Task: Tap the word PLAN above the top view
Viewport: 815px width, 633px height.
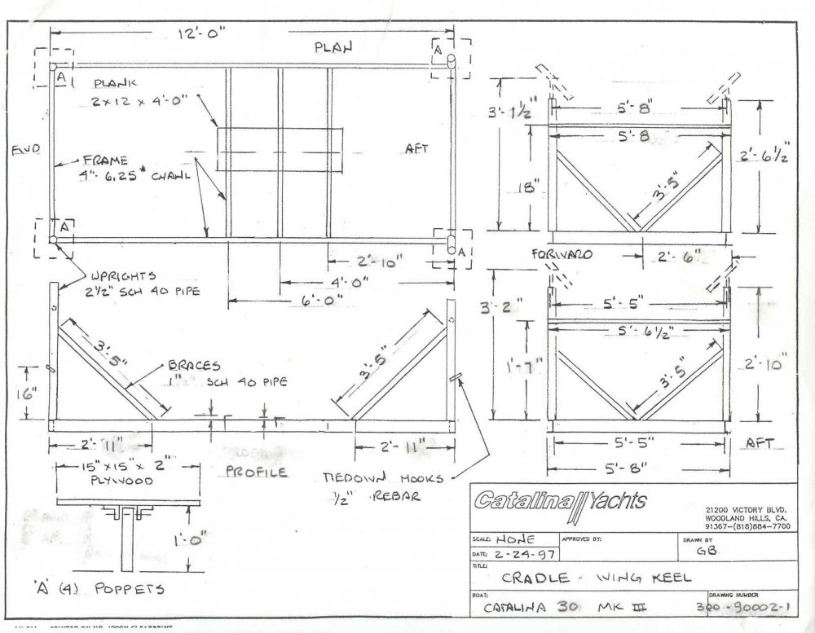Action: click(x=334, y=48)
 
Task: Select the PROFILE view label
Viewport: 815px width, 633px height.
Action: click(x=255, y=473)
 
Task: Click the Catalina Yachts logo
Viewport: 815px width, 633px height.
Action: click(x=561, y=500)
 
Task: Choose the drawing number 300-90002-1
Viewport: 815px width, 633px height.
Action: click(x=746, y=608)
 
